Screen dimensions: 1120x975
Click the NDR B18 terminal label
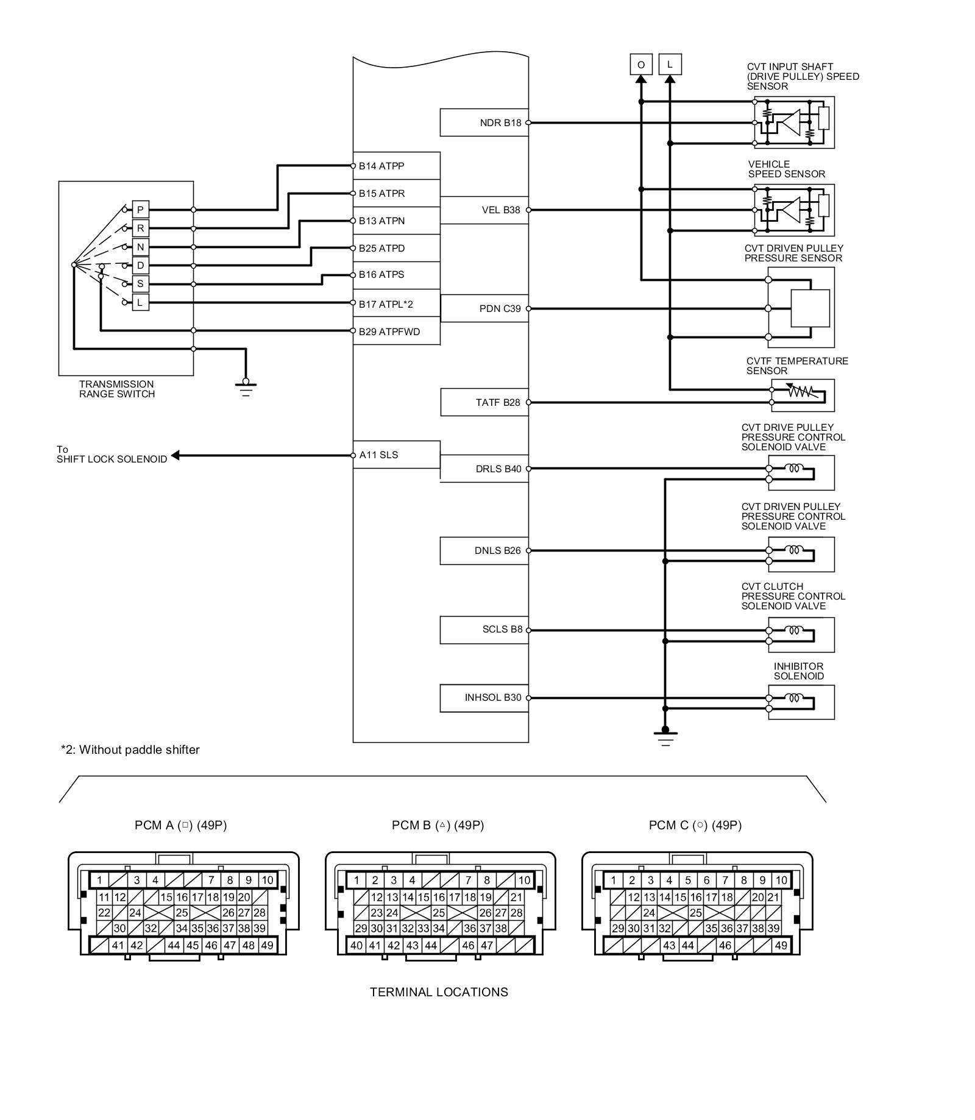click(x=500, y=123)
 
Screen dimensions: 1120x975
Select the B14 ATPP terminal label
click(x=381, y=166)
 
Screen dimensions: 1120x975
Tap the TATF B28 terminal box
click(x=484, y=402)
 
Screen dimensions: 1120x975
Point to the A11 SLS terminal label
click(x=378, y=455)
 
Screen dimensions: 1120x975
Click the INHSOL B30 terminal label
click(x=493, y=698)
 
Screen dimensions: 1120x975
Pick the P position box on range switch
click(x=140, y=210)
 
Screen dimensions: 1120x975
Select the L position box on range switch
click(x=140, y=302)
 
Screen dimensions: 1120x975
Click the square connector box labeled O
click(x=640, y=65)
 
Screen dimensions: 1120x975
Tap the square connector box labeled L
click(x=670, y=65)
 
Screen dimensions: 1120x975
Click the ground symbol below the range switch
click(x=246, y=387)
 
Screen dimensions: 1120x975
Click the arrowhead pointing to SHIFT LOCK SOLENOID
click(x=175, y=455)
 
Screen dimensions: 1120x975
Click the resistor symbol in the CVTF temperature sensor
click(x=799, y=392)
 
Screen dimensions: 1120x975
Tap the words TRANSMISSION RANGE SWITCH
click(x=117, y=389)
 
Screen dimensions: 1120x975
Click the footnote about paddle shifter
click(x=130, y=750)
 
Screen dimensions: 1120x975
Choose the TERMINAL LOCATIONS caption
click(x=439, y=992)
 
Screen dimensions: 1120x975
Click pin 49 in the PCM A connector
click(x=267, y=945)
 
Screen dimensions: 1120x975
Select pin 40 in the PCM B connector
click(x=356, y=945)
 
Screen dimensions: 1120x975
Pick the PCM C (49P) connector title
click(x=695, y=825)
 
